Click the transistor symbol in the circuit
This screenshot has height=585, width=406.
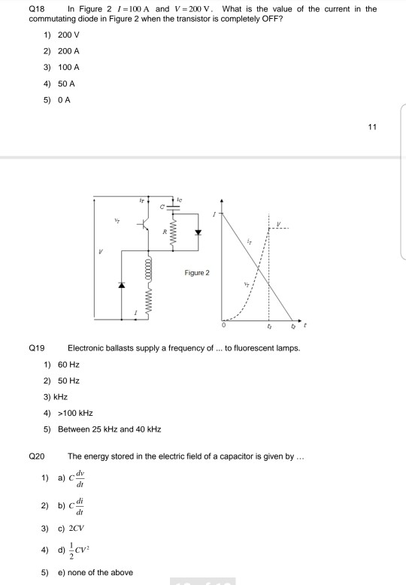point(144,223)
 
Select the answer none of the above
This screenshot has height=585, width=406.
point(95,572)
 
